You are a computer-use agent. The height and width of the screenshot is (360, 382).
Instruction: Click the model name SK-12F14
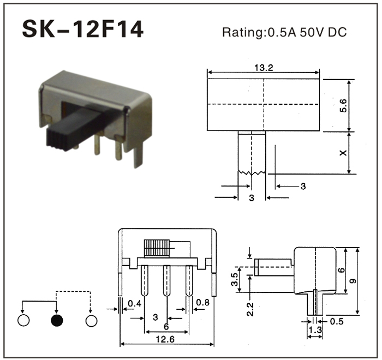(x=82, y=29)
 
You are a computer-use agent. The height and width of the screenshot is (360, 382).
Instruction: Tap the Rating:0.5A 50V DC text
(x=284, y=32)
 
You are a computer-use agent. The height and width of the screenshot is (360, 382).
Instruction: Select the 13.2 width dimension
(x=264, y=68)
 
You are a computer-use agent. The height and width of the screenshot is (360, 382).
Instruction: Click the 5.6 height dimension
(x=343, y=105)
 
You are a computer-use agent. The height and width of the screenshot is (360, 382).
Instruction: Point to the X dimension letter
(x=343, y=153)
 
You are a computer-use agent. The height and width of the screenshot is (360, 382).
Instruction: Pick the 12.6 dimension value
(x=165, y=339)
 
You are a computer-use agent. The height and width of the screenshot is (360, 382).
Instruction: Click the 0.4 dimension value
(x=135, y=303)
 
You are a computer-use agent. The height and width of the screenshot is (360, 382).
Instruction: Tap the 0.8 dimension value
(x=202, y=302)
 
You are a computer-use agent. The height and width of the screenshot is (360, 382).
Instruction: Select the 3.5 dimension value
(x=234, y=279)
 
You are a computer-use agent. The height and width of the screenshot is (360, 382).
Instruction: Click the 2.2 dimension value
(x=250, y=309)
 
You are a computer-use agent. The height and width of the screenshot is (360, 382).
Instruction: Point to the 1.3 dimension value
(x=315, y=330)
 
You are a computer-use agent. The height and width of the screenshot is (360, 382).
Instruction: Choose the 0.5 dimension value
(x=337, y=321)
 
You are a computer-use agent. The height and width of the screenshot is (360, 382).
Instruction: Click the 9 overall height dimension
(x=353, y=281)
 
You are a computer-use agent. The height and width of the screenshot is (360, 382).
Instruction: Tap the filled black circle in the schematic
(x=57, y=321)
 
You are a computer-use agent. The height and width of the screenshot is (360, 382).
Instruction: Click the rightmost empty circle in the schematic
(x=91, y=321)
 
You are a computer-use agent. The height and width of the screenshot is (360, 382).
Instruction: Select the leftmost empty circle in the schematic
(x=23, y=320)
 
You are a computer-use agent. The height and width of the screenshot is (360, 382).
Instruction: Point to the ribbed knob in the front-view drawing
(x=157, y=248)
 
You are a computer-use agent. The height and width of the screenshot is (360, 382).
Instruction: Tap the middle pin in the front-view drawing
(x=166, y=280)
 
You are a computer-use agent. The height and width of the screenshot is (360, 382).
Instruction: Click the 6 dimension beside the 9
(x=342, y=270)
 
